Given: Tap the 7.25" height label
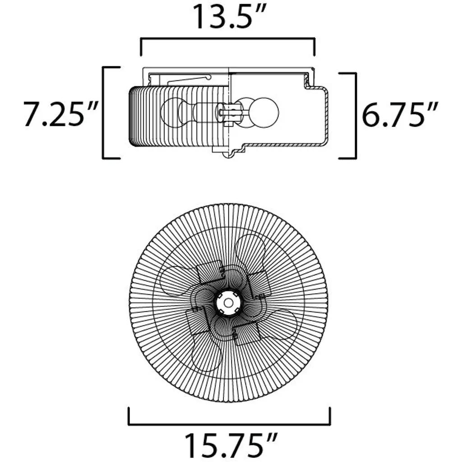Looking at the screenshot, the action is tap(61, 114).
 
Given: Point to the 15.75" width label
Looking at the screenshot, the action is tap(230, 445).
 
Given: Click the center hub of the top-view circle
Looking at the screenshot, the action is tap(228, 302).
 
